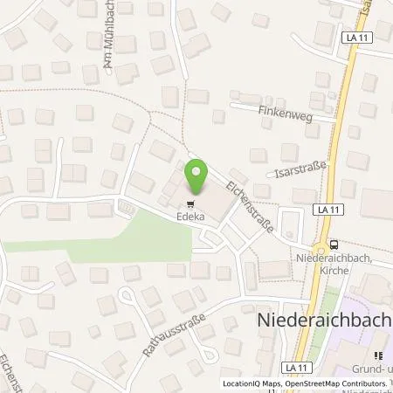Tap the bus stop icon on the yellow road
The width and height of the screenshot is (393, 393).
tap(333, 245)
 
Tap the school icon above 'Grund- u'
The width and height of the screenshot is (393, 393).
tap(378, 356)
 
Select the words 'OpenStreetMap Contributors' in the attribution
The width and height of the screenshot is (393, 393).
tap(334, 383)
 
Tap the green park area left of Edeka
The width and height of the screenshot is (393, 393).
tap(131, 238)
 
